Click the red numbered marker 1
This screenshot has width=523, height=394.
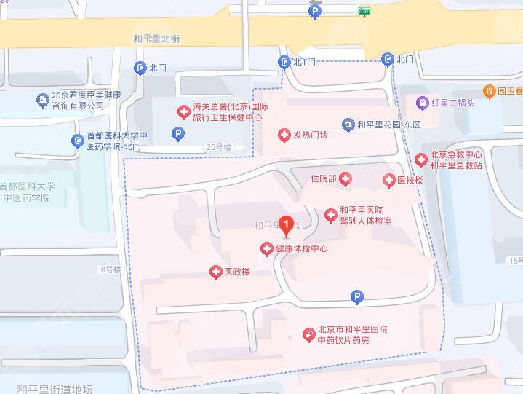287,226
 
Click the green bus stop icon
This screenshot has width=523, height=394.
363,10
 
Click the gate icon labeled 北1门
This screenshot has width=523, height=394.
284,63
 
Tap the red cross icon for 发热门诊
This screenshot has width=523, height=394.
284,135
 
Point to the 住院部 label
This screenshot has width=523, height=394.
323,178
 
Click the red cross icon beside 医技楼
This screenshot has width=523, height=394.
388,179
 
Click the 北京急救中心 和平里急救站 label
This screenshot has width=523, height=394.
456,159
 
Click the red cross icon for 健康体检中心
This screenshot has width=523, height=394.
267,249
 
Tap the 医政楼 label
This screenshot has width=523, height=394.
236,272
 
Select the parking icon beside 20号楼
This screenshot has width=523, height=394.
176,133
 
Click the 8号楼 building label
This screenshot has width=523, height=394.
109,269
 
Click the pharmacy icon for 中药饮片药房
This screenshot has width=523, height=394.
308,335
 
